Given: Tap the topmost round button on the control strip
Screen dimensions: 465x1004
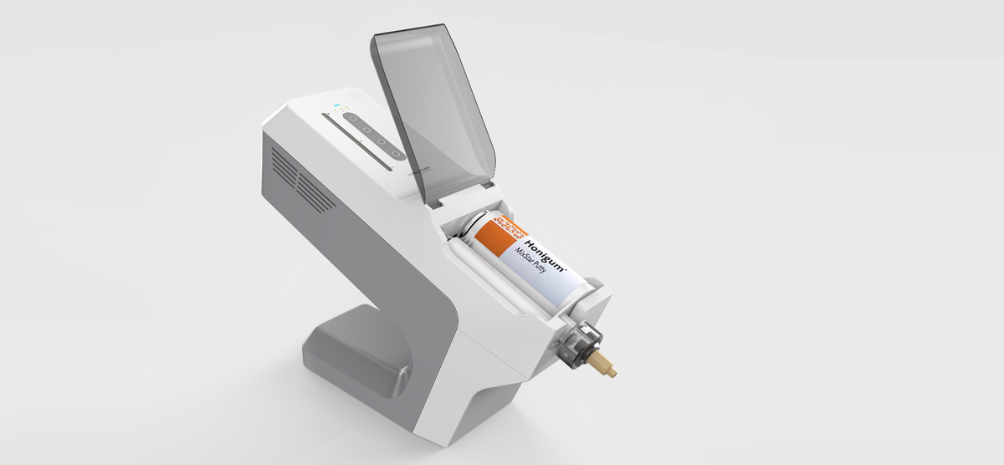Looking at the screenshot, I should (x=352, y=119).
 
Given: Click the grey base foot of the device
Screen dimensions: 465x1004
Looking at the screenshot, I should (x=351, y=351).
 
